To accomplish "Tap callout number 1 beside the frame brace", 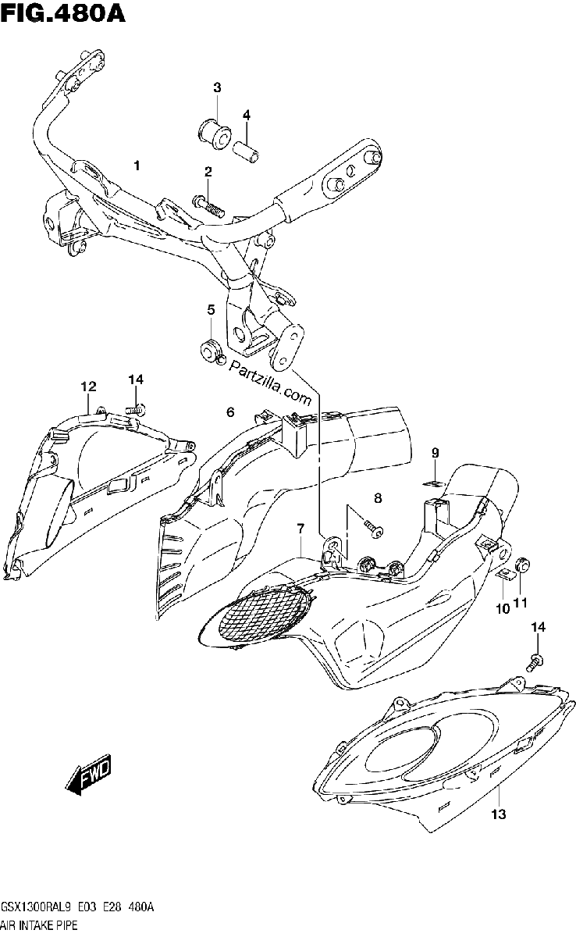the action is point(137,166).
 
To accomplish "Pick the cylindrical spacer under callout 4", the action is point(247,153).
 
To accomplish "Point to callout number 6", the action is point(230,412).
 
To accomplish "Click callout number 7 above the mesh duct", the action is point(300,529).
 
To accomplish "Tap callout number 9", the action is point(436,452).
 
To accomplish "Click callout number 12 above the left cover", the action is point(88,386).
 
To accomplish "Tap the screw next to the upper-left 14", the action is point(135,408).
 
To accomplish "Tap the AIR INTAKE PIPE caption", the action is point(39,925).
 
